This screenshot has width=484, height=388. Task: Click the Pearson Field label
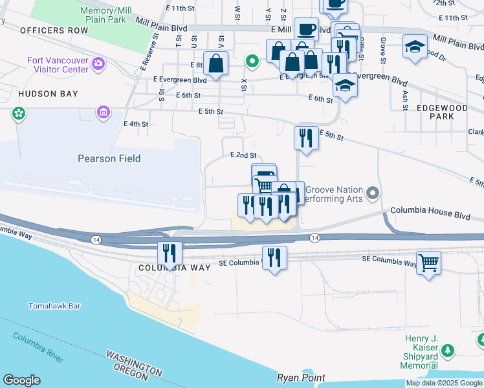point(109,158)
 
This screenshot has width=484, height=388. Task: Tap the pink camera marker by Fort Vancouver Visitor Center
point(98,63)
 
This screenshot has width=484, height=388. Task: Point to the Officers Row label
point(54,30)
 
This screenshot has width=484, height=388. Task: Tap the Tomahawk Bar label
point(54,306)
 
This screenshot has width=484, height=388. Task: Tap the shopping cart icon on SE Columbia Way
point(428,263)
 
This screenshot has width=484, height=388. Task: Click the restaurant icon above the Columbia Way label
point(170,253)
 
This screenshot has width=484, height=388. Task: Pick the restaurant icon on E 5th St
point(306,138)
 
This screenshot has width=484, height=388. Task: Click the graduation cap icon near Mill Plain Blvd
point(415,47)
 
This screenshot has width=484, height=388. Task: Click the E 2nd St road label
point(243,156)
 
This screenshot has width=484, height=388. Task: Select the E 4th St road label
point(136,124)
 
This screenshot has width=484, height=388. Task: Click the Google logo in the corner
point(21,380)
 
